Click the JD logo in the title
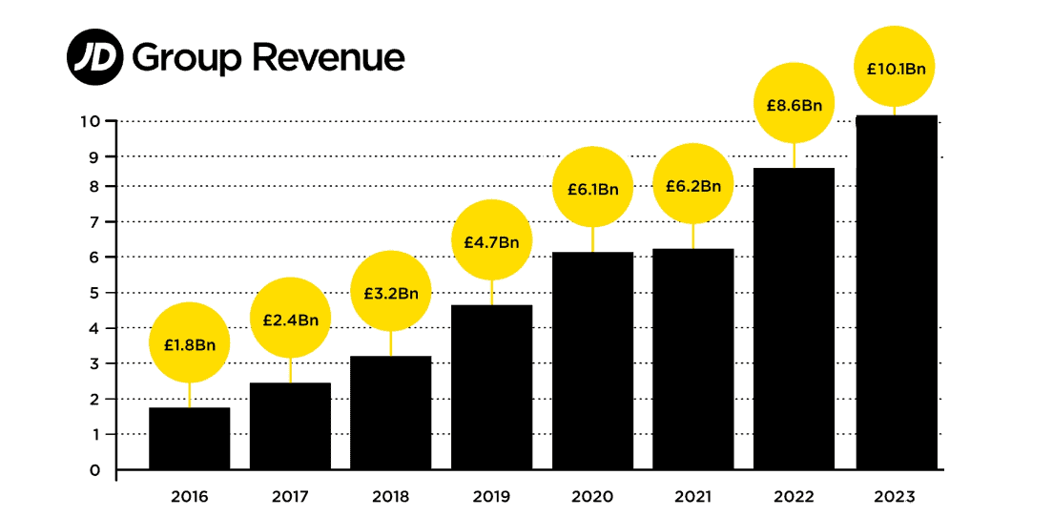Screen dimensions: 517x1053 pyautogui.click(x=95, y=56)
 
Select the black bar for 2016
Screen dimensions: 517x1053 pyautogui.click(x=189, y=439)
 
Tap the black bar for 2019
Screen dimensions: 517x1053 pyautogui.click(x=491, y=387)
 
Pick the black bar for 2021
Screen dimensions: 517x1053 pyautogui.click(x=692, y=359)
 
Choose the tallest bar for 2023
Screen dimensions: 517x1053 pyautogui.click(x=896, y=292)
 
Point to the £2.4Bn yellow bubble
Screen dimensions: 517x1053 pyautogui.click(x=290, y=319)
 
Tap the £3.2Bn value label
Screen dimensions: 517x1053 pyautogui.click(x=391, y=292)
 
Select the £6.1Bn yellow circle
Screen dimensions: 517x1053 pyautogui.click(x=592, y=188)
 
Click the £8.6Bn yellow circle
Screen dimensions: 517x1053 pyautogui.click(x=795, y=104)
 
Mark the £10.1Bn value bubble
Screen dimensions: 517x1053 pyautogui.click(x=896, y=68)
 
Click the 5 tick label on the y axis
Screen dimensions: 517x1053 pyautogui.click(x=94, y=293)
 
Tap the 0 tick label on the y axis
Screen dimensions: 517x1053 pyautogui.click(x=94, y=469)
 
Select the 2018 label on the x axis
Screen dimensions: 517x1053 pyautogui.click(x=391, y=497)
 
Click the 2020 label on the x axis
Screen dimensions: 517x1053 pyautogui.click(x=592, y=497)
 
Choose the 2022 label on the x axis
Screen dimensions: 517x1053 pyautogui.click(x=795, y=497)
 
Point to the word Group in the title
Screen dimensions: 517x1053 pyautogui.click(x=187, y=59)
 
